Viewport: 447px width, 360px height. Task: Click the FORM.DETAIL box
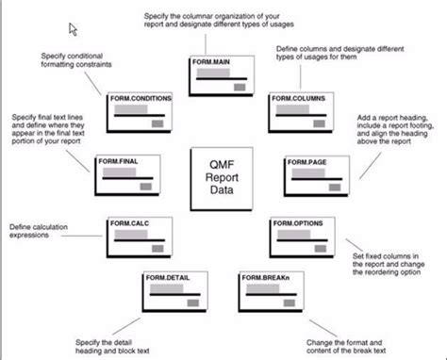(173, 291)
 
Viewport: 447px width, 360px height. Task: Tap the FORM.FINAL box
(123, 175)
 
